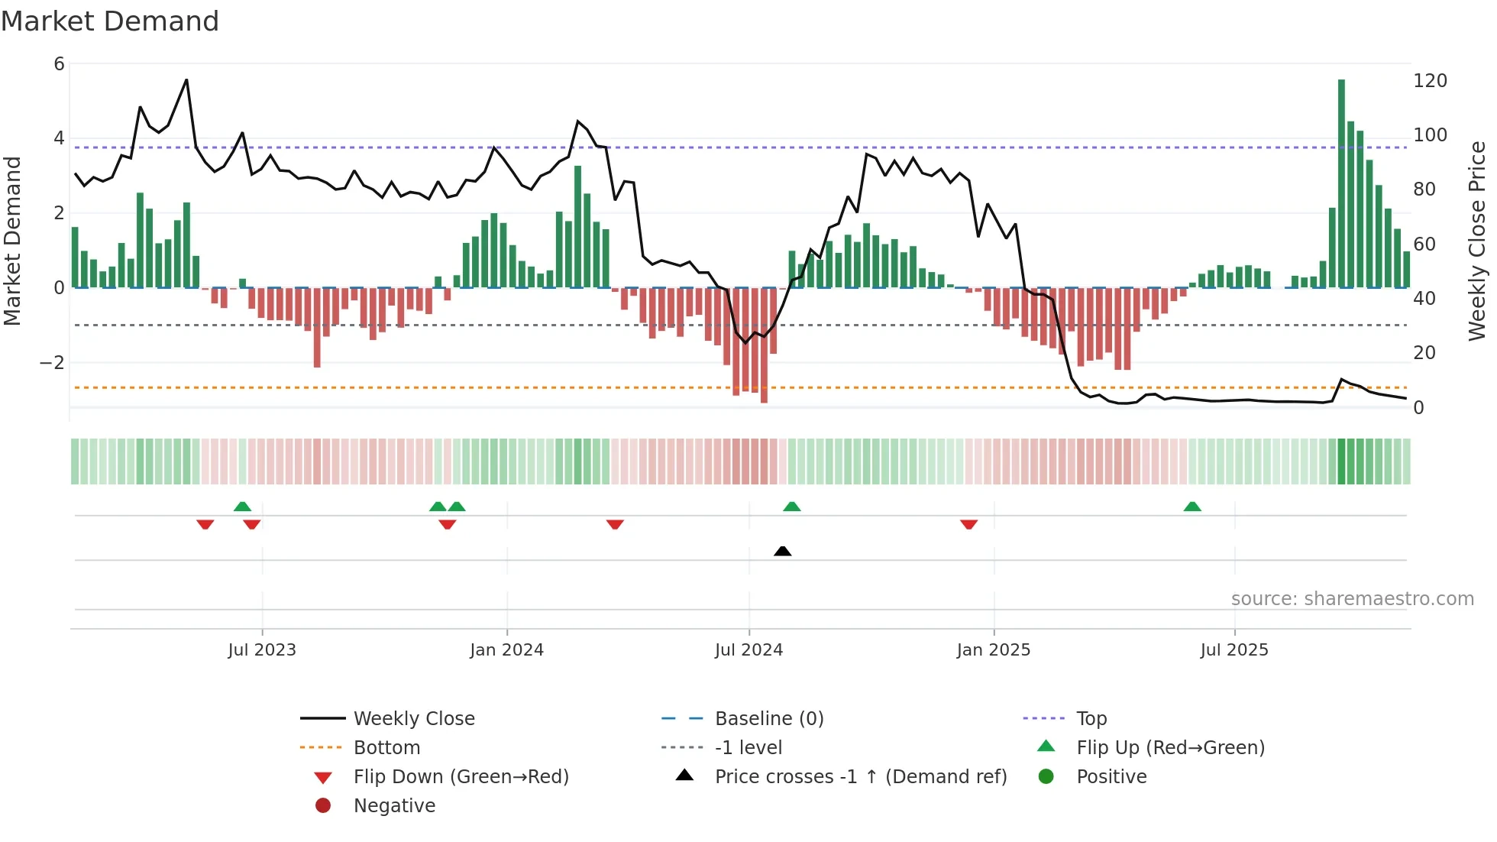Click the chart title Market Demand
click(x=110, y=21)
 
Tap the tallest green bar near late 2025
click(x=1341, y=183)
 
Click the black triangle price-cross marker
click(x=782, y=551)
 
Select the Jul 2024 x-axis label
click(x=748, y=650)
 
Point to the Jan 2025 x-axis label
click(x=993, y=650)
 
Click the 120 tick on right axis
click(x=1430, y=81)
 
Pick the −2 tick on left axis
click(x=52, y=362)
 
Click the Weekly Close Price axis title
click(x=1477, y=241)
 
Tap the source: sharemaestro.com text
click(x=1352, y=599)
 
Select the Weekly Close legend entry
click(x=413, y=719)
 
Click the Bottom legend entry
click(x=386, y=748)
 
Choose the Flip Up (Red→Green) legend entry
click(x=1170, y=748)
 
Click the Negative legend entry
click(x=394, y=806)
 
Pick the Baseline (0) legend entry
click(x=768, y=719)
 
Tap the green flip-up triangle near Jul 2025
click(x=1191, y=507)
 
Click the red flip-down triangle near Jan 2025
click(x=968, y=524)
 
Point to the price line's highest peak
click(x=186, y=80)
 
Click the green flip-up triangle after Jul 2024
click(x=791, y=507)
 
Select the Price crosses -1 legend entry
click(x=860, y=777)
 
